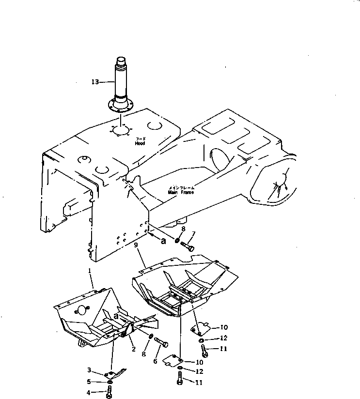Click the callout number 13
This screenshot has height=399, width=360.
coord(94,82)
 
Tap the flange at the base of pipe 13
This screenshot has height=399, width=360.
coord(120,105)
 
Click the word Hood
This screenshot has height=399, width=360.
coord(140,144)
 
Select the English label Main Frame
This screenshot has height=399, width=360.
coord(181,192)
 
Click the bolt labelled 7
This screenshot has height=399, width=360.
coord(188,246)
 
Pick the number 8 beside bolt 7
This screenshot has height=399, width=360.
coord(183,228)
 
